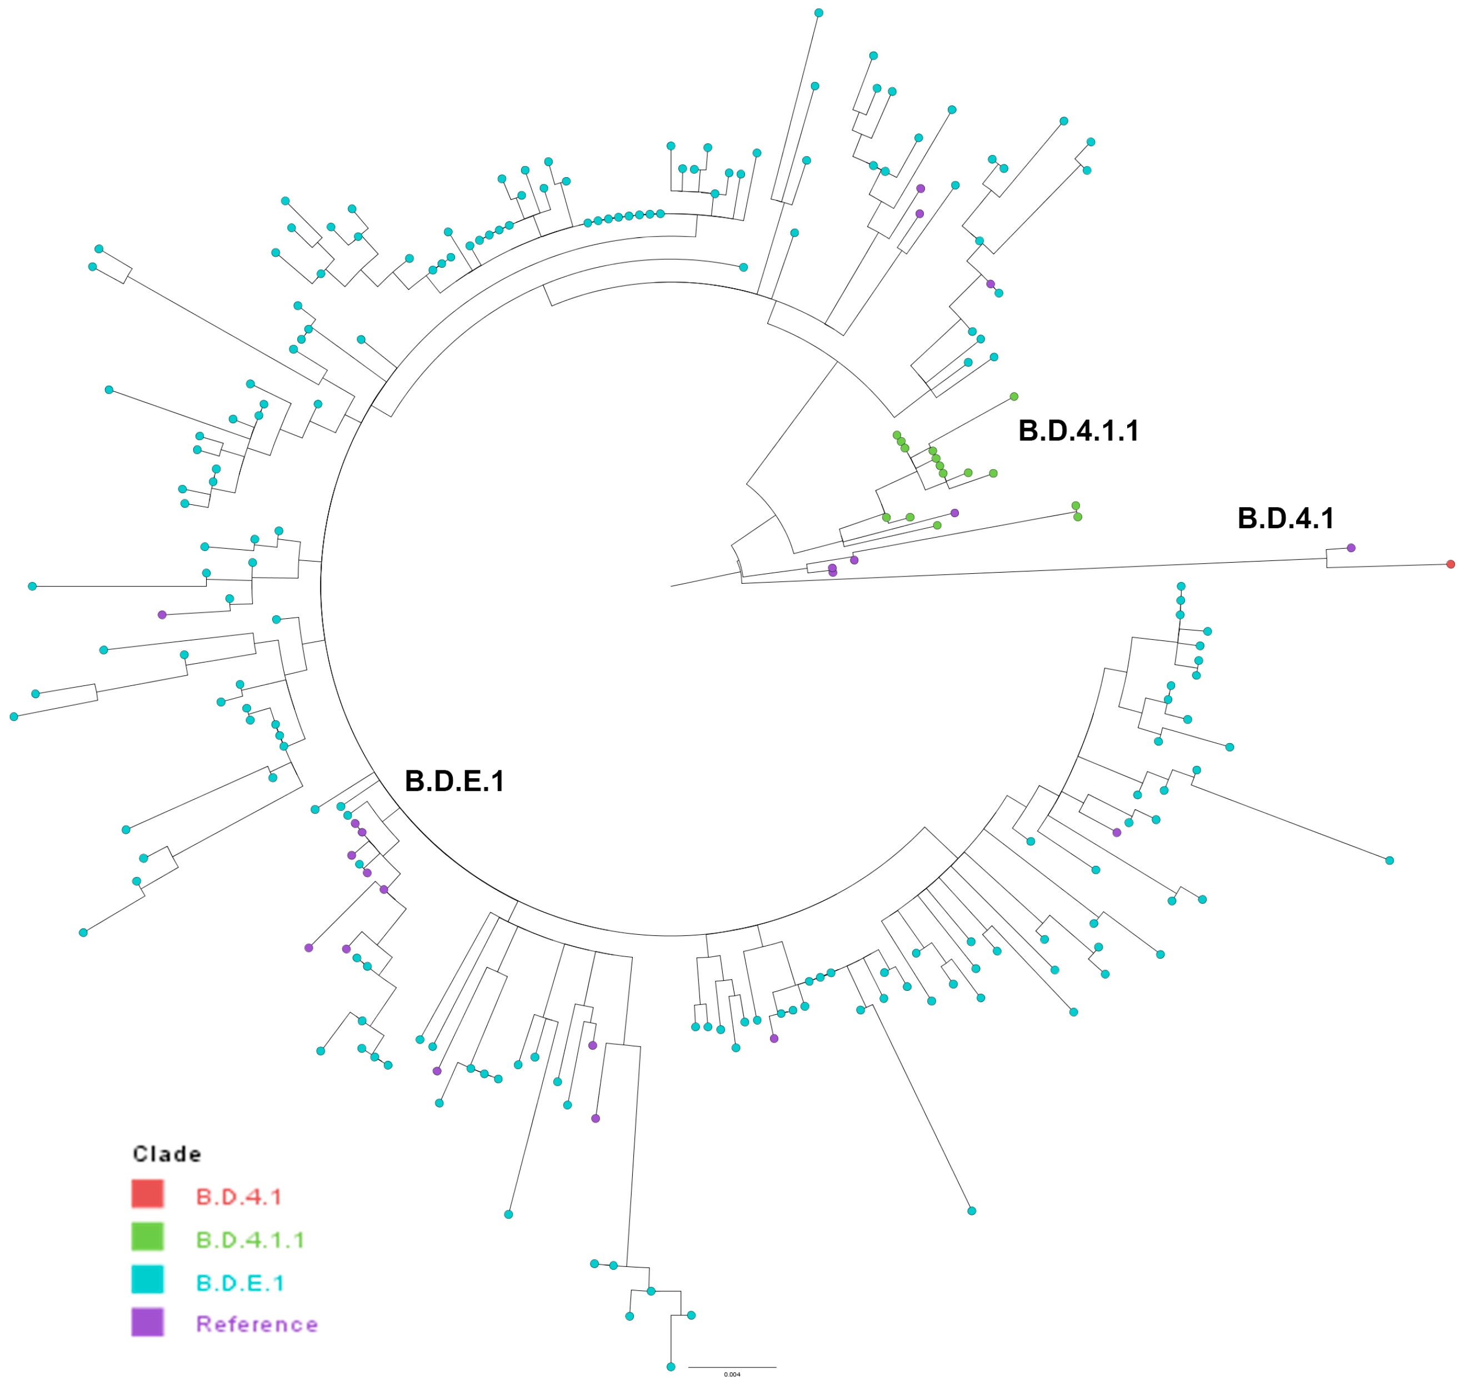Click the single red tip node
coord(1450,564)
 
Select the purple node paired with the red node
coord(1351,548)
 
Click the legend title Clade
coord(167,1154)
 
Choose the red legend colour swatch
coord(147,1194)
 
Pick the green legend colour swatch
coord(147,1236)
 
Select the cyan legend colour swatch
coord(147,1279)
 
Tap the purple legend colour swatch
coord(147,1322)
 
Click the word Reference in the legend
coord(257,1324)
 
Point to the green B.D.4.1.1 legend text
coord(250,1240)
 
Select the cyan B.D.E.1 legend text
coord(240,1283)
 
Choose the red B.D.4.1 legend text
coord(238,1197)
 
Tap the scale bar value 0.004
coord(732,1375)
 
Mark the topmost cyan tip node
coord(818,13)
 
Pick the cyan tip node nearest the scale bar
coord(671,1366)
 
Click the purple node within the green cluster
coord(954,513)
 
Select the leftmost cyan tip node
coord(13,716)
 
